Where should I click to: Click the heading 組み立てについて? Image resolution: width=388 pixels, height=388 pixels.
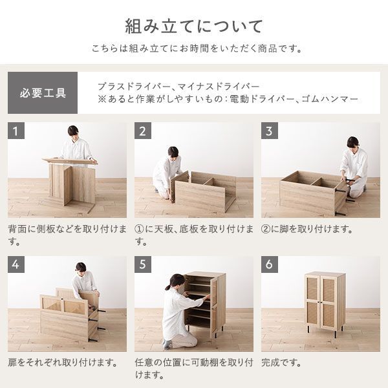tap(194, 27)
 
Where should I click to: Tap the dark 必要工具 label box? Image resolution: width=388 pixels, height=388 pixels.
tap(43, 93)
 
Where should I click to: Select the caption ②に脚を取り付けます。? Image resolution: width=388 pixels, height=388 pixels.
tap(307, 229)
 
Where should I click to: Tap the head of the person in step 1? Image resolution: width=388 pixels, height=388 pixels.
tap(73, 131)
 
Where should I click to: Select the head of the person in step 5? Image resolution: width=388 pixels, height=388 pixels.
tap(174, 282)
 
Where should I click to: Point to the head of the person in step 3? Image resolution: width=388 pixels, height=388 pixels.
tap(352, 142)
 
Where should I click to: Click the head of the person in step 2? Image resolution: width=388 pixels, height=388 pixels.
tap(173, 151)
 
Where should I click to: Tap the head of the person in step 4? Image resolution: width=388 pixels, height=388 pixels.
tap(81, 267)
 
